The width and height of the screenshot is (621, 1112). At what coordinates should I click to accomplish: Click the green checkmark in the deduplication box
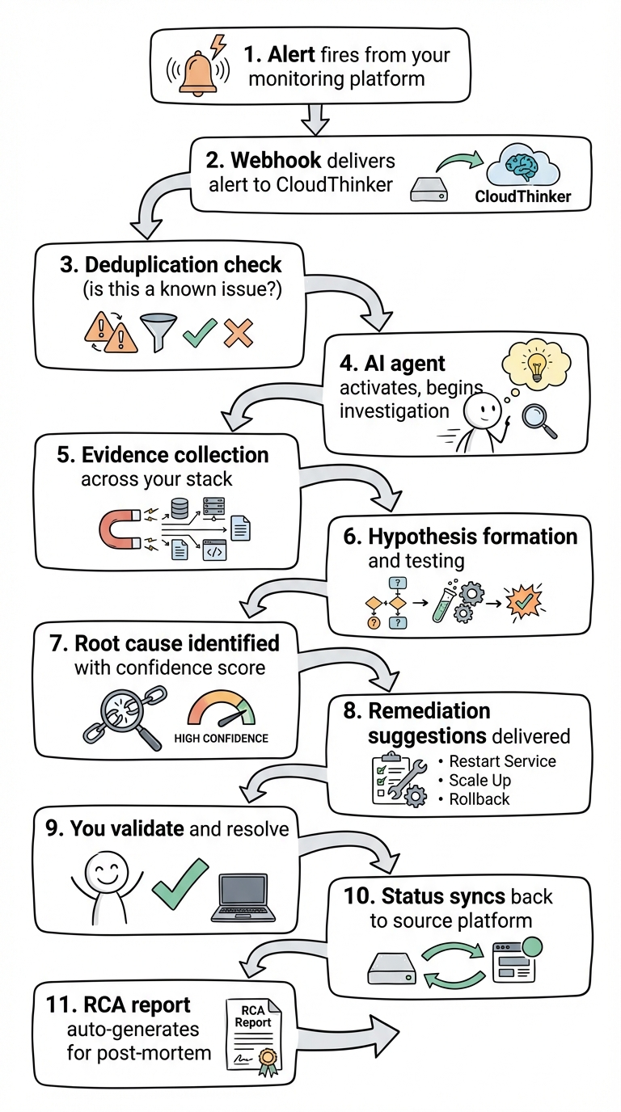click(x=199, y=332)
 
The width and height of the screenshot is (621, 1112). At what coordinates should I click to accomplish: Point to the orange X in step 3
click(x=237, y=332)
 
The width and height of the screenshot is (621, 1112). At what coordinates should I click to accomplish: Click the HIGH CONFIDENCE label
click(x=221, y=738)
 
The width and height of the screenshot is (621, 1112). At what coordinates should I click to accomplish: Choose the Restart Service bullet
click(x=496, y=761)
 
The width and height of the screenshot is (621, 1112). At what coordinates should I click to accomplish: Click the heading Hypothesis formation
click(x=472, y=537)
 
